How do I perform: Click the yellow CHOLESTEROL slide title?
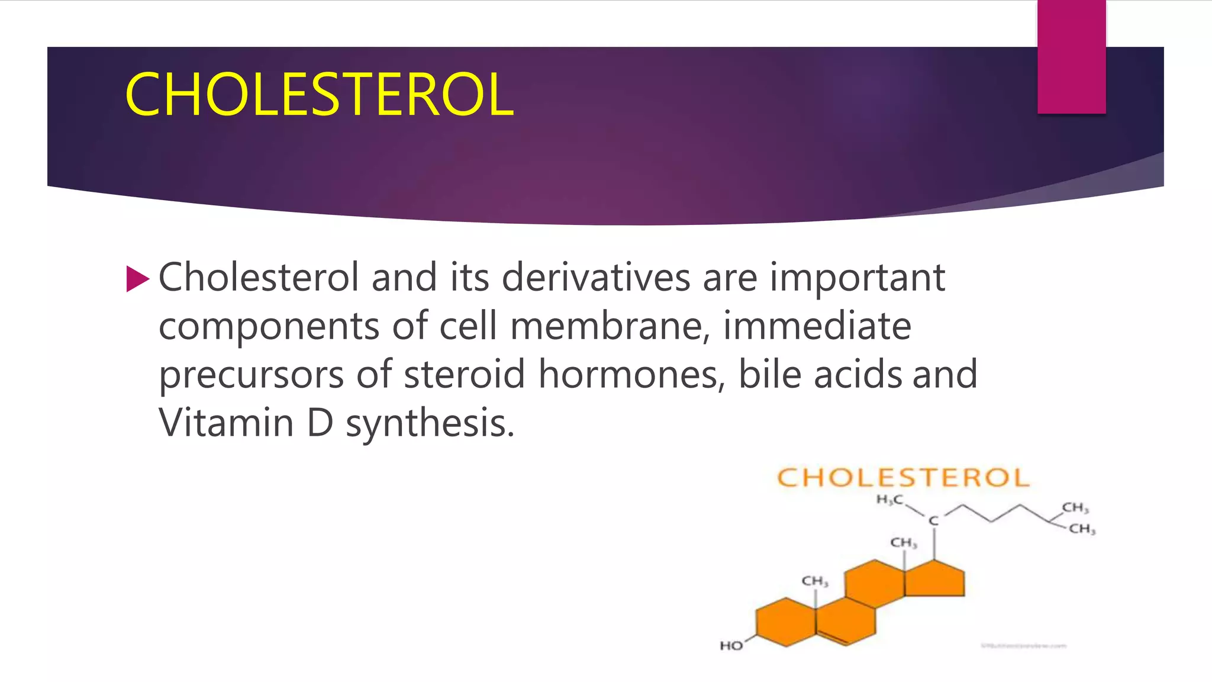[x=319, y=95]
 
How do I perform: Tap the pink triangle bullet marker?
[x=137, y=279]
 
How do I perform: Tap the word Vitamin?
[x=226, y=423]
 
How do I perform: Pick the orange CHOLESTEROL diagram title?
[x=903, y=478]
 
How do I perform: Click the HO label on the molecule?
[x=731, y=646]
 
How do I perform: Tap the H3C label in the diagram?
[x=889, y=500]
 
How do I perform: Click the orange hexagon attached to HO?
[x=785, y=622]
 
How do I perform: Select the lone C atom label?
[x=933, y=521]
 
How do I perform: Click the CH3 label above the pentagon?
[x=903, y=543]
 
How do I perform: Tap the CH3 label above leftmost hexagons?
[x=814, y=581]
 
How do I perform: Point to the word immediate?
[x=817, y=326]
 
